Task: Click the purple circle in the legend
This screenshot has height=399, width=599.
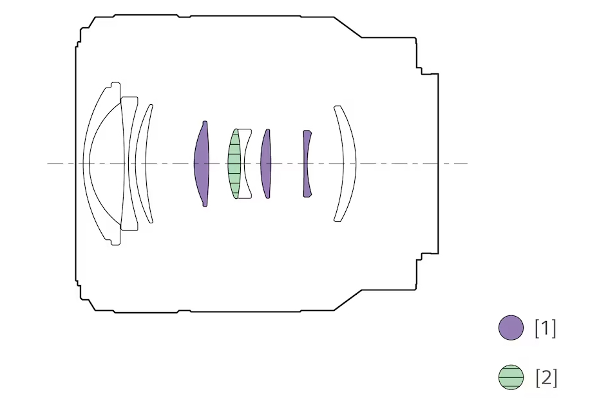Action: pos(511,328)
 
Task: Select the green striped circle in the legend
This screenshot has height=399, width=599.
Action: pos(511,377)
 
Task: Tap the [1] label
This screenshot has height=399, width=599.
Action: pos(545,328)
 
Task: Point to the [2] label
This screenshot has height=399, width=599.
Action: pos(546,378)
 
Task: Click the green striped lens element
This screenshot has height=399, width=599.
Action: pos(234,164)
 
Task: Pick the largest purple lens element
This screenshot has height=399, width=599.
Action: pos(202,164)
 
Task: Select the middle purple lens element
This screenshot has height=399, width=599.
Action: pos(266,164)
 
